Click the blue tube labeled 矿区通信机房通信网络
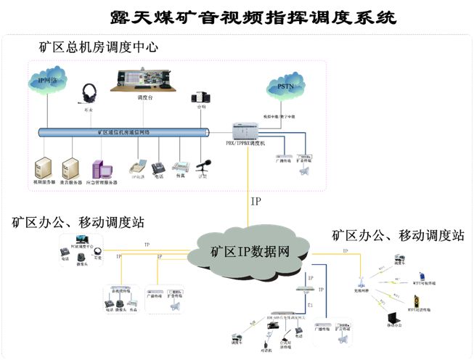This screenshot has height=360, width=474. pos(123,133)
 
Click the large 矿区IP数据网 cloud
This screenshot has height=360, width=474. pos(250,251)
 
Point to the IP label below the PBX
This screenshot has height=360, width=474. pos(256,201)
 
